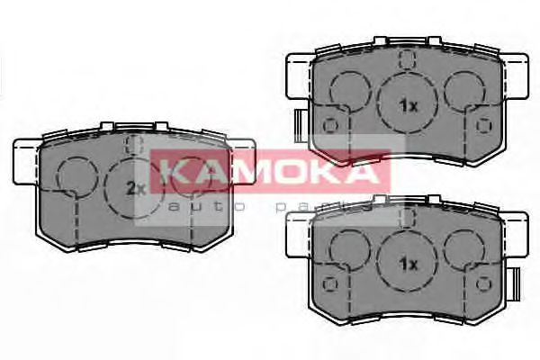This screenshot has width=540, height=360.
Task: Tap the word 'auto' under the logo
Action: (x=190, y=207)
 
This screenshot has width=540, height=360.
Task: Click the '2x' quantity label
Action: (x=136, y=188)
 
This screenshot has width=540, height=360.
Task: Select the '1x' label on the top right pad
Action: (x=409, y=105)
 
